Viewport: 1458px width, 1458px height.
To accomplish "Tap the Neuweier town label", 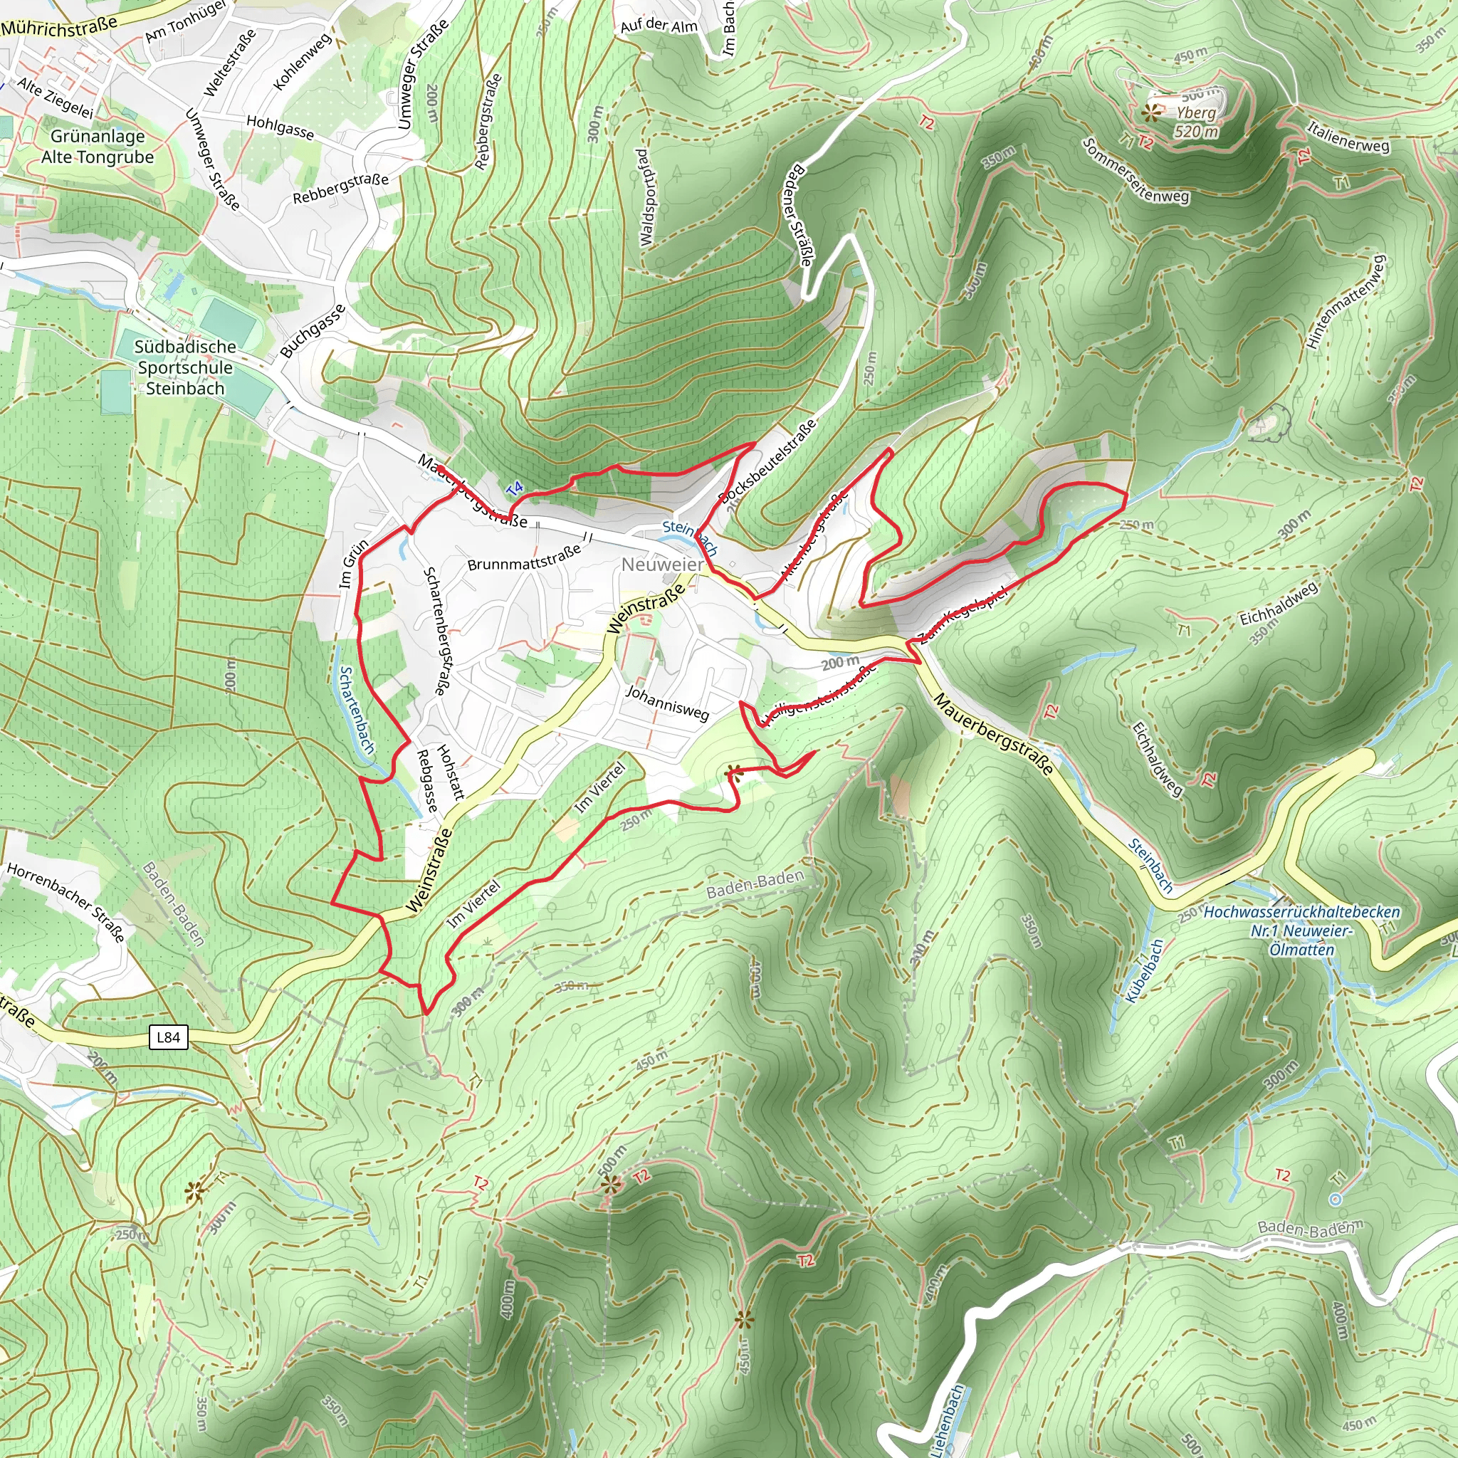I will pyautogui.click(x=662, y=565).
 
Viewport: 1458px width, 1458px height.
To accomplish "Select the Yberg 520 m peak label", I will pyautogui.click(x=1196, y=122).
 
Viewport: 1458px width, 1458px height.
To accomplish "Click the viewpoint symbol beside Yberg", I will pyautogui.click(x=1150, y=114).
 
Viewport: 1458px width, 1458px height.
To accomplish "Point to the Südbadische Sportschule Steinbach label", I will pyautogui.click(x=185, y=367).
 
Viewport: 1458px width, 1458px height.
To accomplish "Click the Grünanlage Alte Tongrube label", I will pyautogui.click(x=98, y=147).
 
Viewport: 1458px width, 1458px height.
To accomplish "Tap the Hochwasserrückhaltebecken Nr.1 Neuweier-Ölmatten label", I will pyautogui.click(x=1301, y=930).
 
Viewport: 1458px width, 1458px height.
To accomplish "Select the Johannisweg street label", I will pyautogui.click(x=668, y=703).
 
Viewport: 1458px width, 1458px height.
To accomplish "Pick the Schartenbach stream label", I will pyautogui.click(x=356, y=708).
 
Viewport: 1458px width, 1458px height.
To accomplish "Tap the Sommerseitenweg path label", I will pyautogui.click(x=1136, y=172).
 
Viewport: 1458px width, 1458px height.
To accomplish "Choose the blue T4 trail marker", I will pyautogui.click(x=514, y=489).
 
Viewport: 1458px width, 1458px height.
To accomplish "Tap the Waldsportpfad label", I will pyautogui.click(x=644, y=198).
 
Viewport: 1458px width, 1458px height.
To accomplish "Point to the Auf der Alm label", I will pyautogui.click(x=659, y=26).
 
